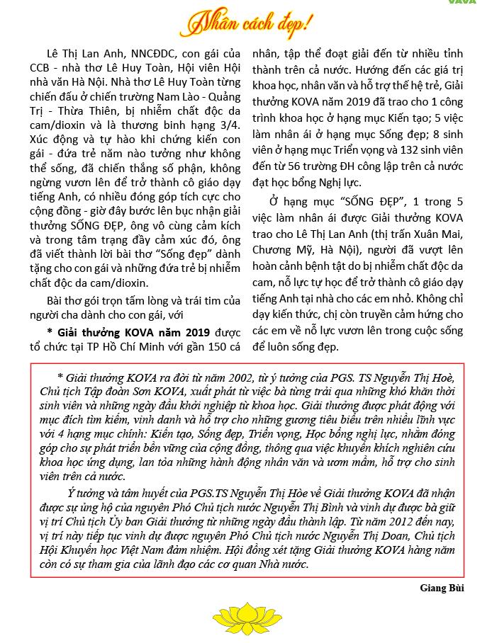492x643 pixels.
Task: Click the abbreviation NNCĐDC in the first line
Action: point(138,55)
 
